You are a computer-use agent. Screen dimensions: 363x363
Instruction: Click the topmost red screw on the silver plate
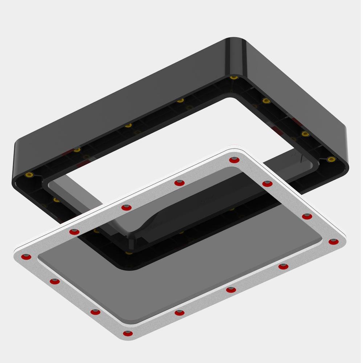pos(234,160)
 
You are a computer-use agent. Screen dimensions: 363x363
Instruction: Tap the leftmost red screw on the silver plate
pos(26,257)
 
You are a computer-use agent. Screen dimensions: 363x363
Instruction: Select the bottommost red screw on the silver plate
pos(127,334)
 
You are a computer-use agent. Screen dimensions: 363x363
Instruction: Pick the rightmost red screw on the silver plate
pos(334,242)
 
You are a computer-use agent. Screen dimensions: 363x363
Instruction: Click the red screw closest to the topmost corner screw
pos(267,184)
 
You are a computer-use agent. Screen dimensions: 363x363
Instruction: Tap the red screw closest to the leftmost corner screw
pos(55,281)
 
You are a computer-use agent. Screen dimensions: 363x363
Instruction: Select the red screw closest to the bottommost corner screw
pos(95,312)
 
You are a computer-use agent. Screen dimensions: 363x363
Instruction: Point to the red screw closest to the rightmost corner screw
pos(307,217)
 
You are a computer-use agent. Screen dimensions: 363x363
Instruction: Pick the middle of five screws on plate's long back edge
pos(126,208)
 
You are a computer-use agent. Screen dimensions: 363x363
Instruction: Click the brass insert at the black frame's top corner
pos(234,78)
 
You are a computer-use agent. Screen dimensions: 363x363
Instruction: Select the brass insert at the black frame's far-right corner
pos(331,159)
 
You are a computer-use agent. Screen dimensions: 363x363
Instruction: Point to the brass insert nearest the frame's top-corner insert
pos(266,101)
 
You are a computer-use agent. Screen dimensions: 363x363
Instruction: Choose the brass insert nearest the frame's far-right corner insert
pos(305,134)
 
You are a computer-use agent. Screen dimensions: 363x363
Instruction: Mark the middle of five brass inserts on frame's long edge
pos(128,126)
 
